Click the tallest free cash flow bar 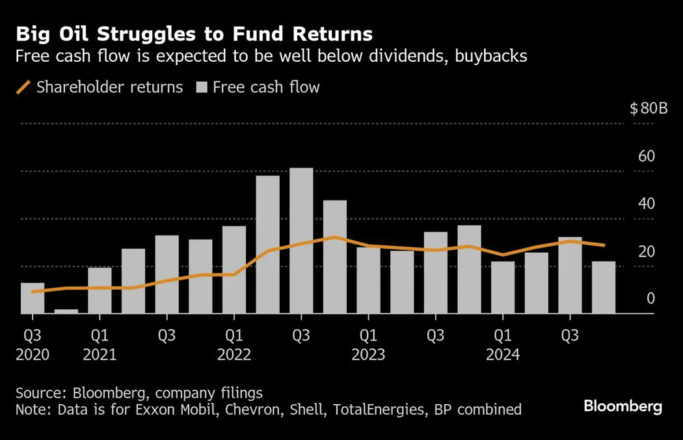[x=301, y=241]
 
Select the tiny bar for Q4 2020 [x=66, y=311]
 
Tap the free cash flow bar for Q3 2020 [x=33, y=298]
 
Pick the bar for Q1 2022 [x=234, y=270]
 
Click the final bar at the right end [x=603, y=288]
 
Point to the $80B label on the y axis [x=649, y=109]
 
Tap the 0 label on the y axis [x=650, y=299]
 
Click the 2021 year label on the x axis [x=100, y=355]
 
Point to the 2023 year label [x=368, y=355]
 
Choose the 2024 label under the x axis [x=503, y=355]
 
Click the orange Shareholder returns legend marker [x=23, y=87]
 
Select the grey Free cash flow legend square [x=202, y=87]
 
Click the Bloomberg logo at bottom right [x=623, y=407]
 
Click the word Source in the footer [x=36, y=393]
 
